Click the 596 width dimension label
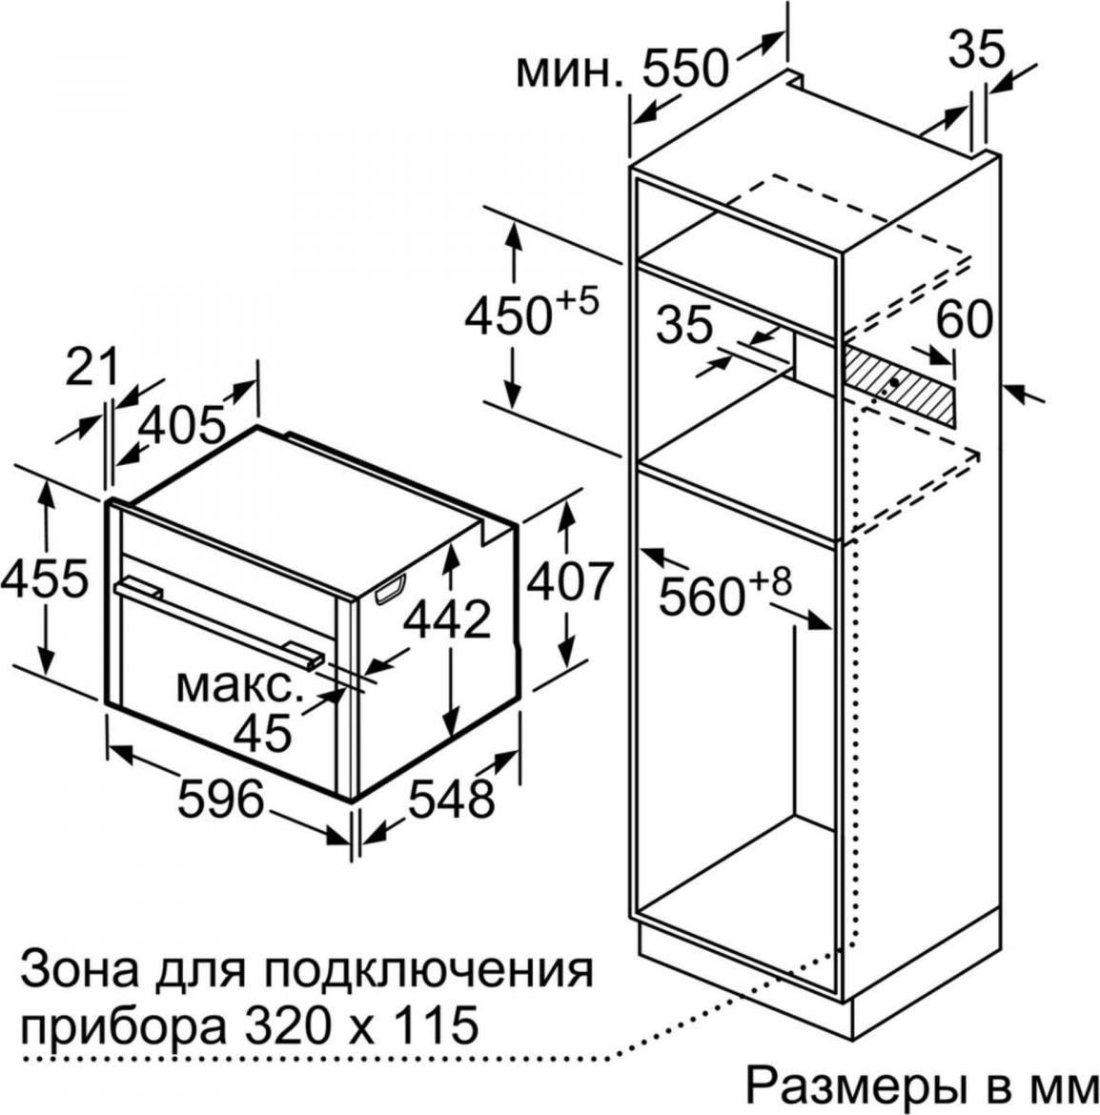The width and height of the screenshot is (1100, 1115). [x=220, y=798]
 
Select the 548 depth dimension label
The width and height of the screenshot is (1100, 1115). [x=451, y=798]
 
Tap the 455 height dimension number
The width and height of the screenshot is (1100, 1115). [x=46, y=578]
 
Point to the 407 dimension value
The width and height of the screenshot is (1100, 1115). [x=570, y=581]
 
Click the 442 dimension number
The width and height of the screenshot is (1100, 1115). [x=447, y=618]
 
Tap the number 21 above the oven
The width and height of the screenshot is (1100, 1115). [x=91, y=368]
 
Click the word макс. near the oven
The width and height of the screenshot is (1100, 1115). [x=235, y=685]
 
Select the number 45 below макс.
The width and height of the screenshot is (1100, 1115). [x=263, y=732]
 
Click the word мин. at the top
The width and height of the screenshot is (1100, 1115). [x=569, y=71]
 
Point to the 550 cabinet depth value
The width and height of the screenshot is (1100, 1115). [x=685, y=68]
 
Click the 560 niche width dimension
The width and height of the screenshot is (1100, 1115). [x=724, y=590]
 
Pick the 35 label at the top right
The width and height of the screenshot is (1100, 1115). [x=978, y=49]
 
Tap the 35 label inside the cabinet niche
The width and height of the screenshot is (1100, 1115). [x=684, y=324]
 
